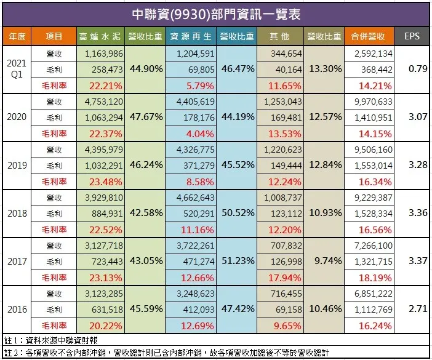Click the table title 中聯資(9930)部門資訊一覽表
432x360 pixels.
pos(215,13)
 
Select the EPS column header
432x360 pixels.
pos(412,36)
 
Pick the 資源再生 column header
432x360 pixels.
pos(193,36)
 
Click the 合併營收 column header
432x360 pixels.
pos(369,36)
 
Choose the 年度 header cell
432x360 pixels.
pos(17,36)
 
